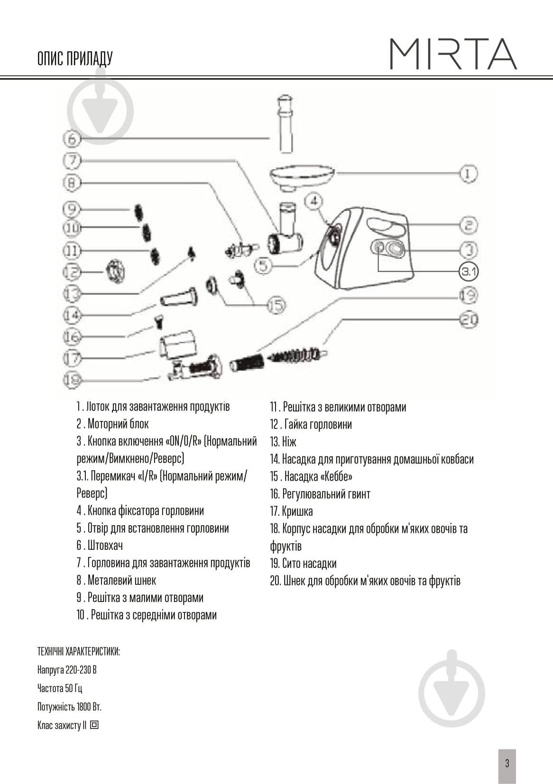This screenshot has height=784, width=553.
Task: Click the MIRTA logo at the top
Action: pos(453,54)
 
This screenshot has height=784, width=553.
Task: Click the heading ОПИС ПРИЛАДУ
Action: pos(74,59)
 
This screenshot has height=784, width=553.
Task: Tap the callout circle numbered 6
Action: pos(72,138)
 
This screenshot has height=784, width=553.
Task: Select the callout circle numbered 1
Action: pos(468,173)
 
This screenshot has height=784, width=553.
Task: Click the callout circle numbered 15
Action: pos(276,305)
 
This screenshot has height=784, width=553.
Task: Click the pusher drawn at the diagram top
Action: pos(285,123)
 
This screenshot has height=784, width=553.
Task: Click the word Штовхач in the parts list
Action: pos(105,546)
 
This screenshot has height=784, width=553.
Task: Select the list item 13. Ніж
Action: pos(283,442)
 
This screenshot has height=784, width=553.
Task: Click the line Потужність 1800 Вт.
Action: pos(69,707)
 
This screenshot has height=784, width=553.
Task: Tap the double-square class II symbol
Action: pos(94,725)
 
